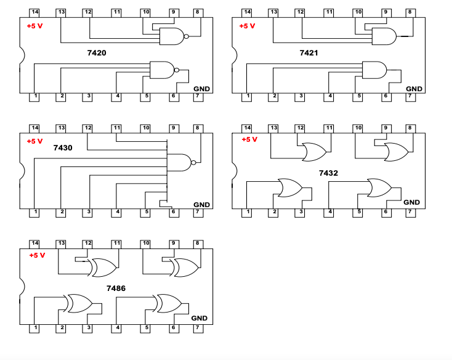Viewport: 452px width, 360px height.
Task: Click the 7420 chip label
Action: click(97, 53)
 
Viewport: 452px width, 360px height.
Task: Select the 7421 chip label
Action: click(309, 53)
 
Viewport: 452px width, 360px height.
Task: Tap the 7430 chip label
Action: click(62, 148)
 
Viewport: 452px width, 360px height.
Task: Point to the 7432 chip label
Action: click(328, 173)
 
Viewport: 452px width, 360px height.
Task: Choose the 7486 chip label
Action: click(116, 288)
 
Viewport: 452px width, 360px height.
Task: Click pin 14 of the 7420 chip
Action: click(34, 12)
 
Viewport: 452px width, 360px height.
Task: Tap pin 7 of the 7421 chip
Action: click(410, 97)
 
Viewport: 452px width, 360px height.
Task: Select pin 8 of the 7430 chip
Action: click(197, 128)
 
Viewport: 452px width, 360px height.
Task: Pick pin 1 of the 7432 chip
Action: click(248, 213)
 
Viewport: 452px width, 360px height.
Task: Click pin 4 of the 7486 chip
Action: click(117, 328)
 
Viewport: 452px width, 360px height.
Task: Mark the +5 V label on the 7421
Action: click(247, 26)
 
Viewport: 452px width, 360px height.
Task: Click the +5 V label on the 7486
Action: click(37, 255)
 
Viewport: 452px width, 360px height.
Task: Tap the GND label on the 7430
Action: click(201, 205)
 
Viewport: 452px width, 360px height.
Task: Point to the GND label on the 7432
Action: click(411, 202)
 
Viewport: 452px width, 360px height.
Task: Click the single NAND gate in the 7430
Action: click(180, 162)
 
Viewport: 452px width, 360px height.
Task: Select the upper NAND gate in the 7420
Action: click(172, 37)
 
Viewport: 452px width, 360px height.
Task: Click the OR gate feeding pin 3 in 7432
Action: click(289, 187)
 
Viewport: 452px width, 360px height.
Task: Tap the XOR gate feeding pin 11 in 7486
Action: click(104, 268)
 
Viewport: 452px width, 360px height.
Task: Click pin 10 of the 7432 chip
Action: click(358, 128)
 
